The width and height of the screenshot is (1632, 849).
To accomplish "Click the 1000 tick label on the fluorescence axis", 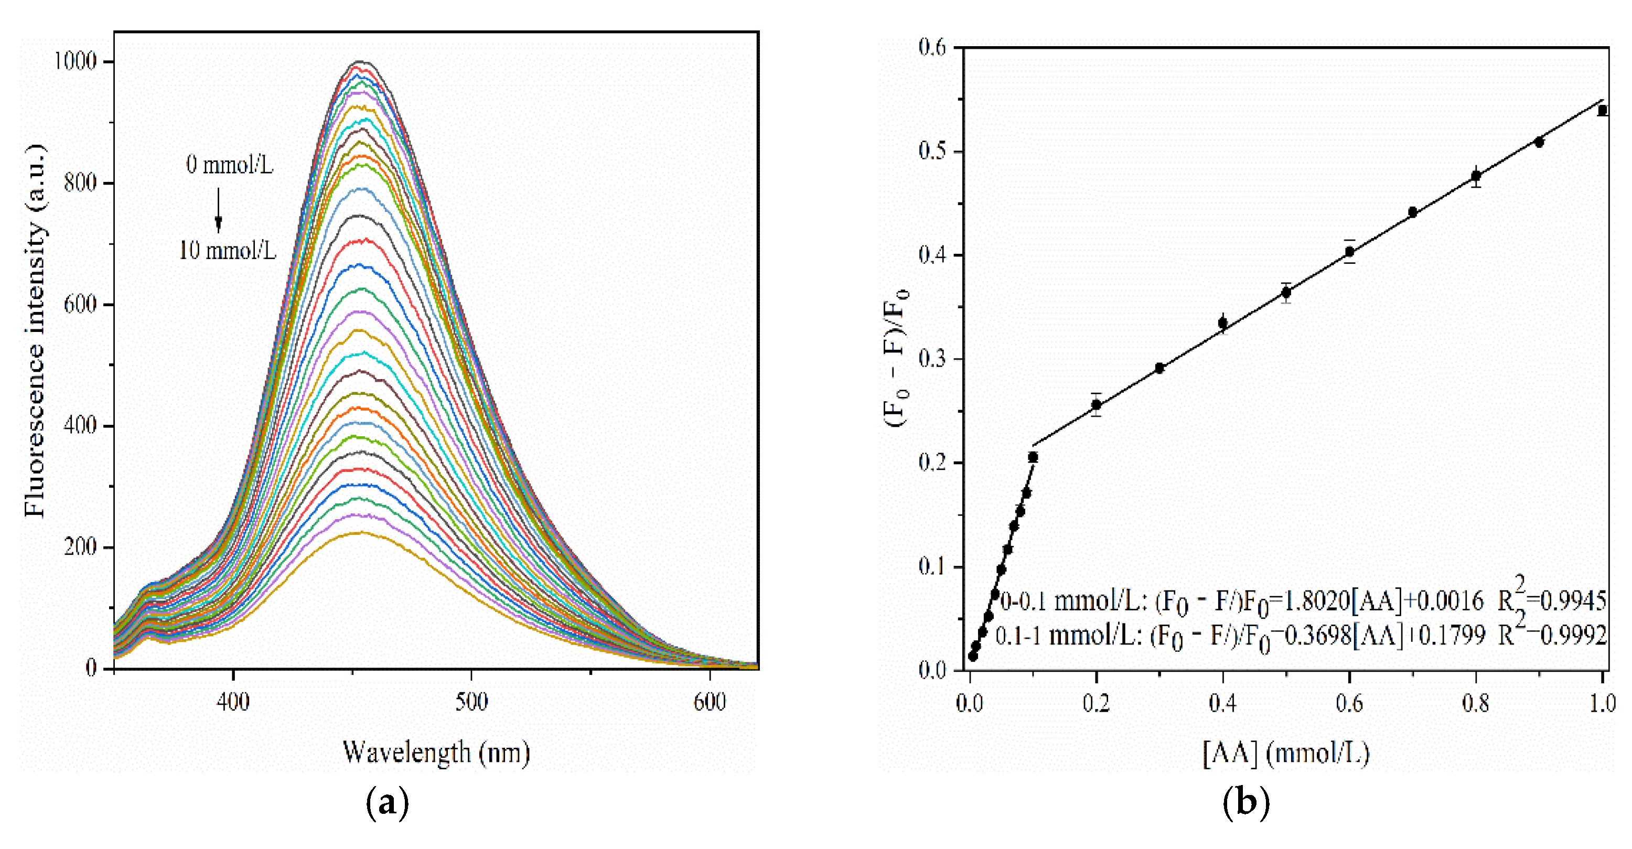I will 75,61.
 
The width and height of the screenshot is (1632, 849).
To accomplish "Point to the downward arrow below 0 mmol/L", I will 219,210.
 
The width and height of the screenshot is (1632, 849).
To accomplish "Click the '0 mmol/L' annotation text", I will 229,165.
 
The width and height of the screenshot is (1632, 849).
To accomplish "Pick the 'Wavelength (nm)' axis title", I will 436,753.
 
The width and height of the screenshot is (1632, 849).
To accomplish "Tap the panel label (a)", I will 388,803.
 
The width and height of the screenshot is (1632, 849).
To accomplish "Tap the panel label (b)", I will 1246,803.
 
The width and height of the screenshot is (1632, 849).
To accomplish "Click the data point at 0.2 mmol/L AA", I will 1096,405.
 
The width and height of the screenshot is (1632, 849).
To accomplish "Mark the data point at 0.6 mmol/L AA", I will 1349,252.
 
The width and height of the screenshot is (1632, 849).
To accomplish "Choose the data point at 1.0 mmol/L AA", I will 1602,111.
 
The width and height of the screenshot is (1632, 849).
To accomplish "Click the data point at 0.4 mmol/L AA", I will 1223,323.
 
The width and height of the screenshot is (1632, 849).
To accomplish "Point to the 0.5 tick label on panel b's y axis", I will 932,152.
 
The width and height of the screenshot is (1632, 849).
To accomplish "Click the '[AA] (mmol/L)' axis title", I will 1286,753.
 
